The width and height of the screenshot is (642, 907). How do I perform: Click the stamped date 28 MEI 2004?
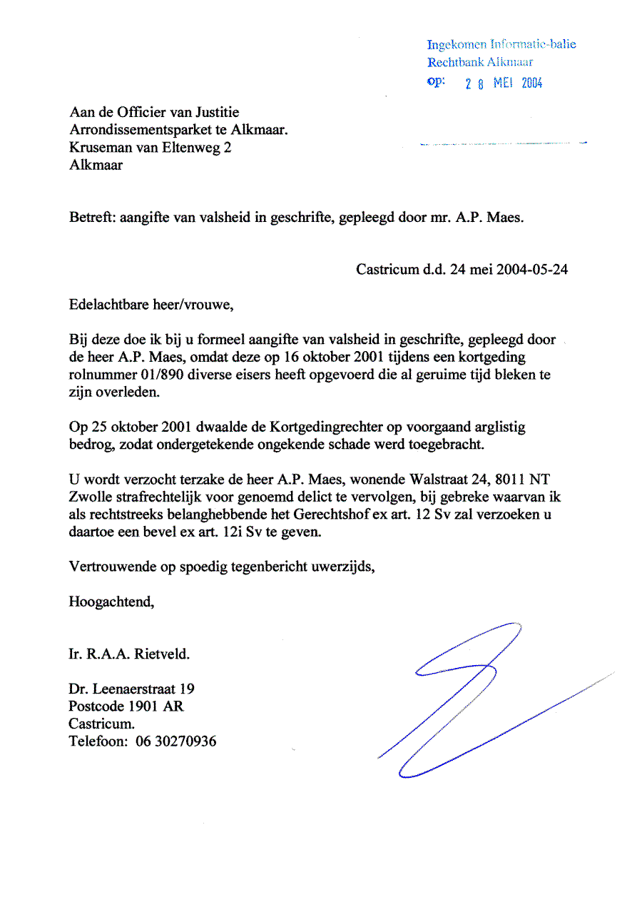504,83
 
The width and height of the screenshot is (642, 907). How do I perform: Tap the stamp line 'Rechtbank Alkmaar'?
480,62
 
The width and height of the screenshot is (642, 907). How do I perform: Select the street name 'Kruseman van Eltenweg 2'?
150,148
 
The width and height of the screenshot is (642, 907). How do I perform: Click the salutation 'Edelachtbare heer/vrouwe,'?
151,305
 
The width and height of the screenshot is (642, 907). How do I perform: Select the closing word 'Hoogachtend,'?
111,602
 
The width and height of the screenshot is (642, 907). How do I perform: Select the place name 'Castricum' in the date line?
387,270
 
